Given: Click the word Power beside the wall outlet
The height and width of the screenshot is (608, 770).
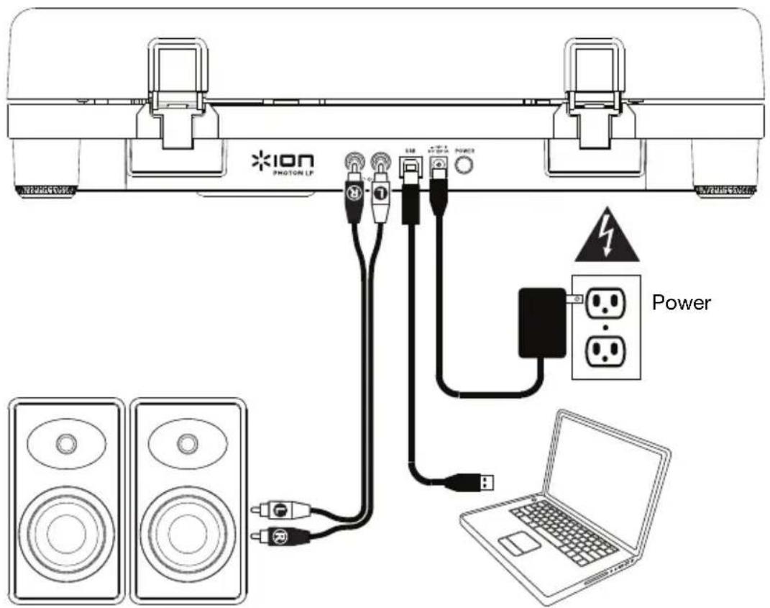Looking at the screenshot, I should (680, 302).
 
